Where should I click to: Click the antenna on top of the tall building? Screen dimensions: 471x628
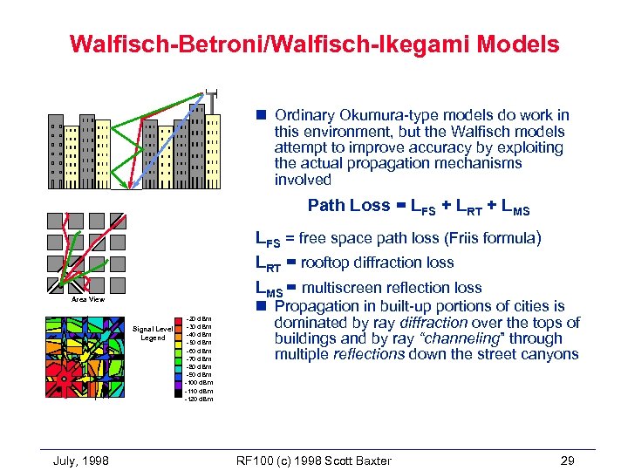click(x=210, y=96)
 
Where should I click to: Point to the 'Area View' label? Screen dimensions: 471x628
click(x=88, y=299)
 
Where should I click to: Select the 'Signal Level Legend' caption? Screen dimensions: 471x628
click(x=154, y=333)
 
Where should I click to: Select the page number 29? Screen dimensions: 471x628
click(x=568, y=460)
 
